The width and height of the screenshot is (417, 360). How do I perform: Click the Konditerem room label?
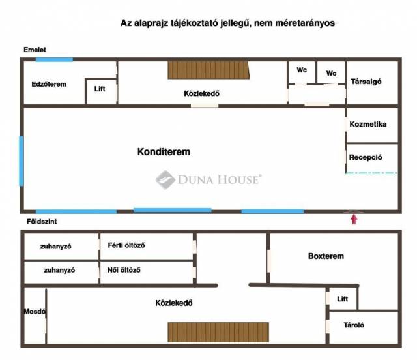(164, 152)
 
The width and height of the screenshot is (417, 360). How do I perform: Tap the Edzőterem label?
(49, 84)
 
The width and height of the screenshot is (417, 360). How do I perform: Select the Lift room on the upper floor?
(100, 89)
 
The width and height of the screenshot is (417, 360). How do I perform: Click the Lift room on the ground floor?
(342, 299)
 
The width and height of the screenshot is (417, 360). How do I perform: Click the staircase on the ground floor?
(218, 331)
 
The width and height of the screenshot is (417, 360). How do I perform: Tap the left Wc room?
(301, 70)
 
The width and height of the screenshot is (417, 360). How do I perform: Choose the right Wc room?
(332, 73)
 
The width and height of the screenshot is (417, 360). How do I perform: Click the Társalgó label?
(366, 82)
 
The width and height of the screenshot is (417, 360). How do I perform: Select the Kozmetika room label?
(368, 125)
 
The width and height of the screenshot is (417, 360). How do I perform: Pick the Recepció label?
(365, 157)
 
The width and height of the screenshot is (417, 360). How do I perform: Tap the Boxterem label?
(326, 256)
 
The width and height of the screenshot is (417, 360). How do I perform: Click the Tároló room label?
(352, 325)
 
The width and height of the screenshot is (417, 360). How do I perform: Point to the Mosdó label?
(33, 311)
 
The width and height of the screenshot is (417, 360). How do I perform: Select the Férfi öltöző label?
(126, 245)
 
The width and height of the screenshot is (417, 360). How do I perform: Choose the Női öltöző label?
(124, 269)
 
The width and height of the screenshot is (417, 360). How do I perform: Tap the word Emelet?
(35, 50)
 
